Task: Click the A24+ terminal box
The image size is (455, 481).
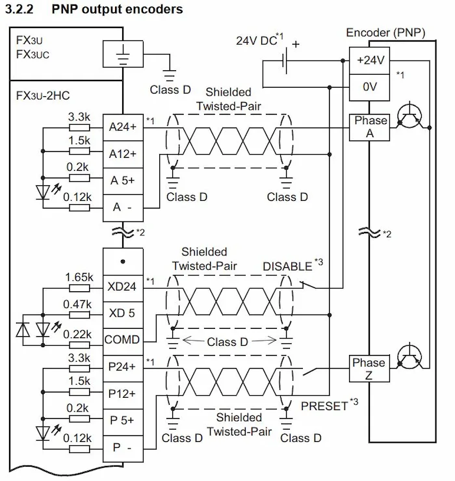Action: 123,127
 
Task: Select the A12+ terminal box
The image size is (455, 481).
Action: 123,154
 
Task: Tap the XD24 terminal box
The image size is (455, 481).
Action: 123,288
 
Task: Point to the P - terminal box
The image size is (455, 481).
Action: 123,448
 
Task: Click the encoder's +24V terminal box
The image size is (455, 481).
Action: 369,60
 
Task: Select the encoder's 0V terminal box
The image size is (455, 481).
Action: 369,88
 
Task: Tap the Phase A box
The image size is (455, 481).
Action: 369,127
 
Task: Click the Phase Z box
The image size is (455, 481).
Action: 369,369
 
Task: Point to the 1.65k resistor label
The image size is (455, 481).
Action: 79,278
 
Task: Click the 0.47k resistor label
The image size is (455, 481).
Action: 77,304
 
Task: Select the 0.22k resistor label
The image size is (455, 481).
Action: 77,334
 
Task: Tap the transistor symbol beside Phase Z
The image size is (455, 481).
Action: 409,357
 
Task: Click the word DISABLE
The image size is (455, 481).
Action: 287,266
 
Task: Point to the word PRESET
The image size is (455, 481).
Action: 324,406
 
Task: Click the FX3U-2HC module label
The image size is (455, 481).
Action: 43,96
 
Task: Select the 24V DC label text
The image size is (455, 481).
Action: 257,40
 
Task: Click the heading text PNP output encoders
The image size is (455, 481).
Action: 117,9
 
